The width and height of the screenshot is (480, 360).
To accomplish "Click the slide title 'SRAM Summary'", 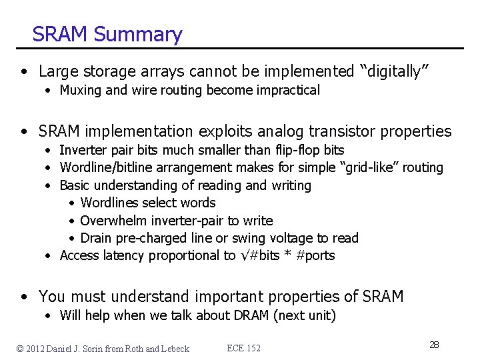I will point(107,34).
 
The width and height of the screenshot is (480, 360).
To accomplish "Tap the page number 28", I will point(434,345).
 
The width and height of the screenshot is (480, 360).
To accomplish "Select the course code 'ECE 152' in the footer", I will point(244,348).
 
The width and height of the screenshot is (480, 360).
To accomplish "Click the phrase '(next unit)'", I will point(305,315).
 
